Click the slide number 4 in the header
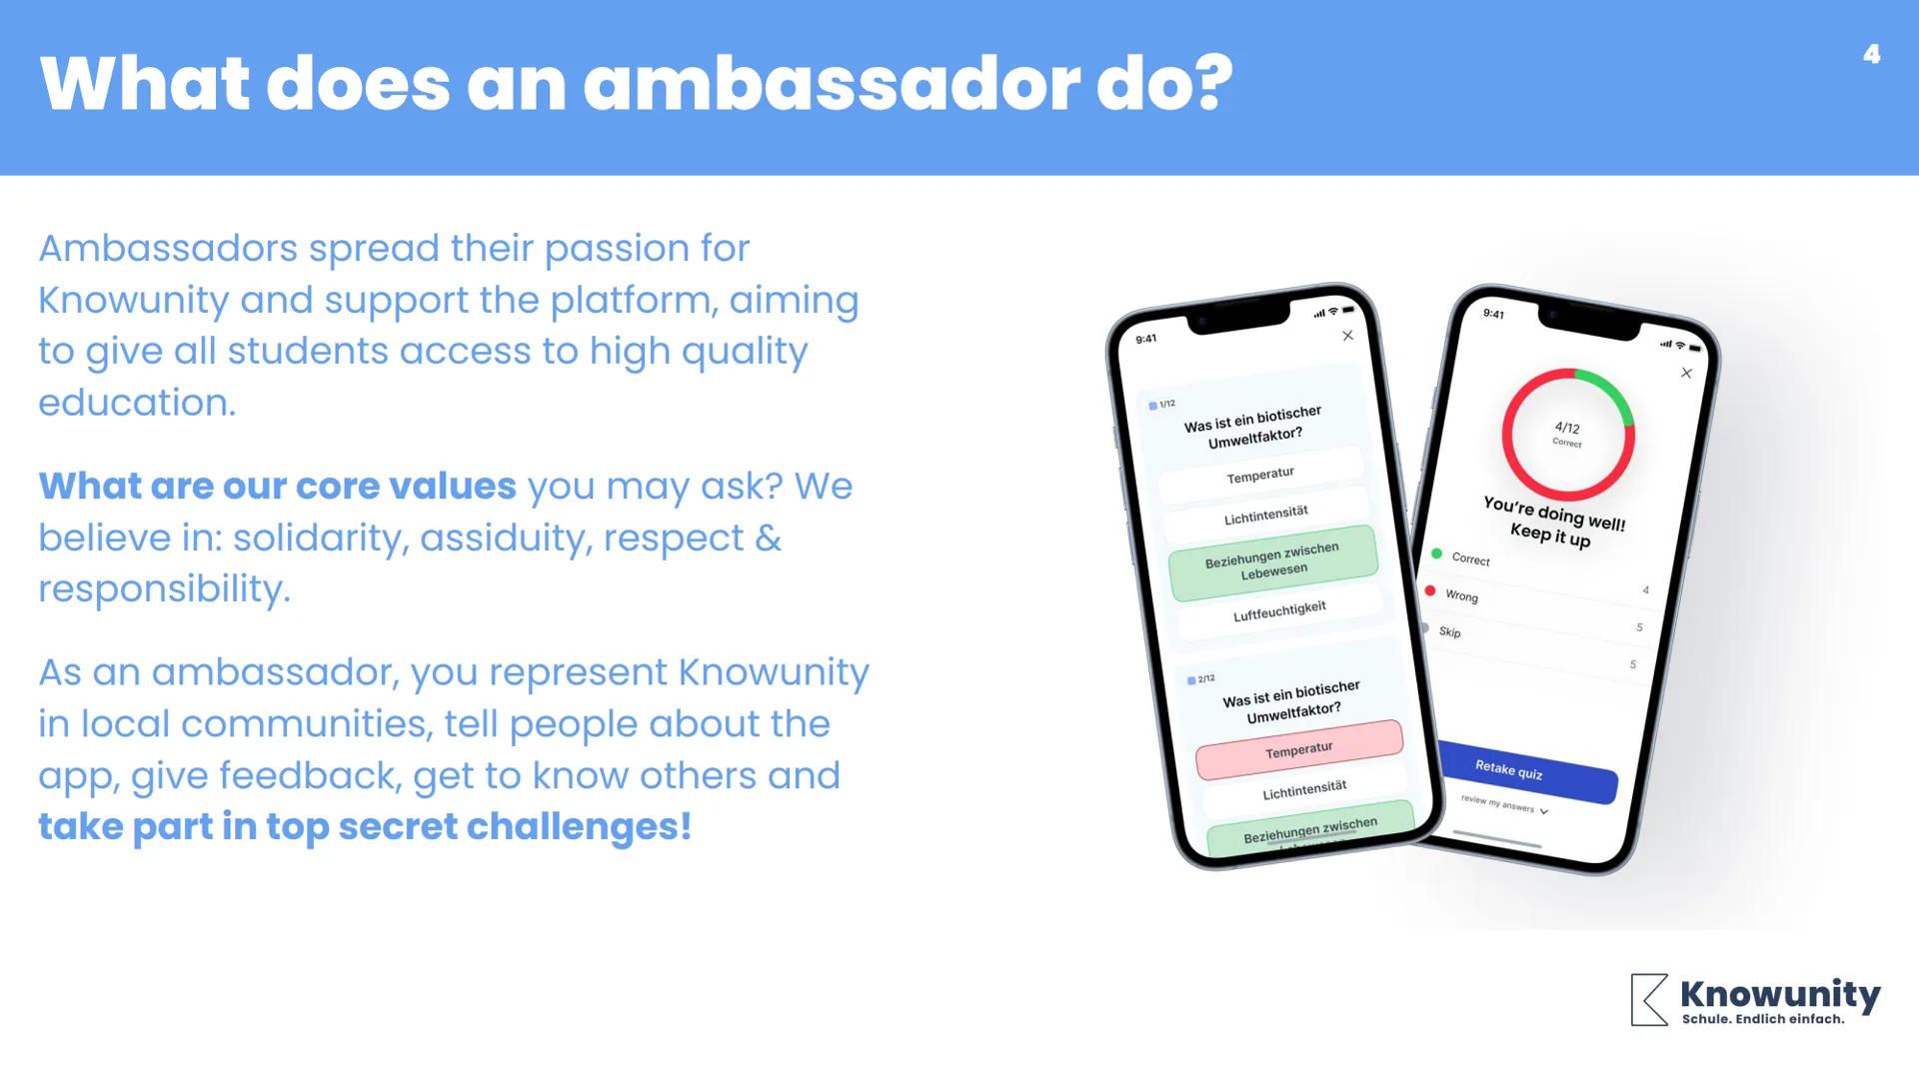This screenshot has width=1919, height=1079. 1871,55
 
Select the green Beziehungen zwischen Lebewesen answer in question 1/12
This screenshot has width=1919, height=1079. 1272,561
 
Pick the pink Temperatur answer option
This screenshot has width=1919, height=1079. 1298,749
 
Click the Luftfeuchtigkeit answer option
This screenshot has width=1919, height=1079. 1279,610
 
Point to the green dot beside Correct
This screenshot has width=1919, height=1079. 1436,552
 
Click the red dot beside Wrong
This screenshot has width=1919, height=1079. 1430,591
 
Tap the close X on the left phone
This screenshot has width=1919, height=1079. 1347,336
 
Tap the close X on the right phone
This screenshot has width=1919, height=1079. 1686,373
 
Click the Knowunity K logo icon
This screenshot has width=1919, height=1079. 1649,999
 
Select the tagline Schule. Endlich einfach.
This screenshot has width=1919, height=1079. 1763,1020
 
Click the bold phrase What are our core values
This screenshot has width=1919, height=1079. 277,487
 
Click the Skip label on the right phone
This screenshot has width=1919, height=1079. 1449,631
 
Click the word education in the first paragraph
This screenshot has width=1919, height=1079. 136,403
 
